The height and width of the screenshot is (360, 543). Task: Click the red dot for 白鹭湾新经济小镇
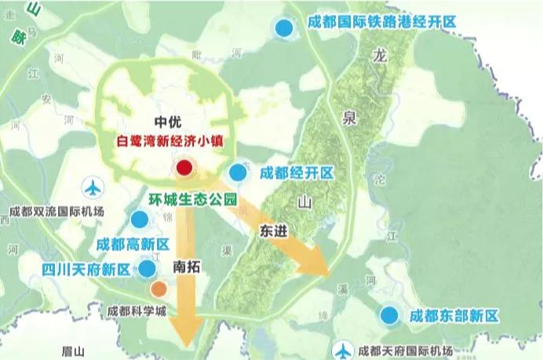pos(184,167)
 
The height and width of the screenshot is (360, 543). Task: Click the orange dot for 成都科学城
pos(159,289)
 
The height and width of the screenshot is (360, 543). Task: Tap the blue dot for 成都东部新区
pos(388,315)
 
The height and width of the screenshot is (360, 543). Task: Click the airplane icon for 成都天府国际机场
pos(343,350)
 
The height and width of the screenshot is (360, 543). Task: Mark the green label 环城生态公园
pos(192,200)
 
